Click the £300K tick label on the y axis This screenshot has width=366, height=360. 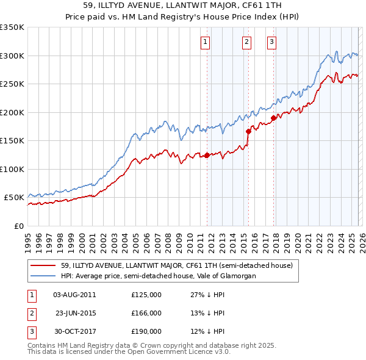[x=12, y=56]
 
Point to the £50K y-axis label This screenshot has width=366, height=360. [x=14, y=198]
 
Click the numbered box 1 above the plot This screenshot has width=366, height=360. [x=205, y=42]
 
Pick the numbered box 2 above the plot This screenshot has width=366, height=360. [x=246, y=42]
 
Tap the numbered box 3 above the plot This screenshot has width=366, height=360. [x=271, y=42]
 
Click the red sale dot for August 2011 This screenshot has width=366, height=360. [x=207, y=155]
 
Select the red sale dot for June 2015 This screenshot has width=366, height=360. [x=248, y=131]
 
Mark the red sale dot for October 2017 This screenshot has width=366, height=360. [x=273, y=118]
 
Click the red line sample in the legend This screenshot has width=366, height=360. [x=43, y=266]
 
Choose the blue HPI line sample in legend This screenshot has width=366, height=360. [x=43, y=276]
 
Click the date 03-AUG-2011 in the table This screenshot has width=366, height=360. [x=74, y=295]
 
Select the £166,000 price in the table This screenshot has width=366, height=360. [x=146, y=313]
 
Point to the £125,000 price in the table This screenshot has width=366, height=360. [x=146, y=295]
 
